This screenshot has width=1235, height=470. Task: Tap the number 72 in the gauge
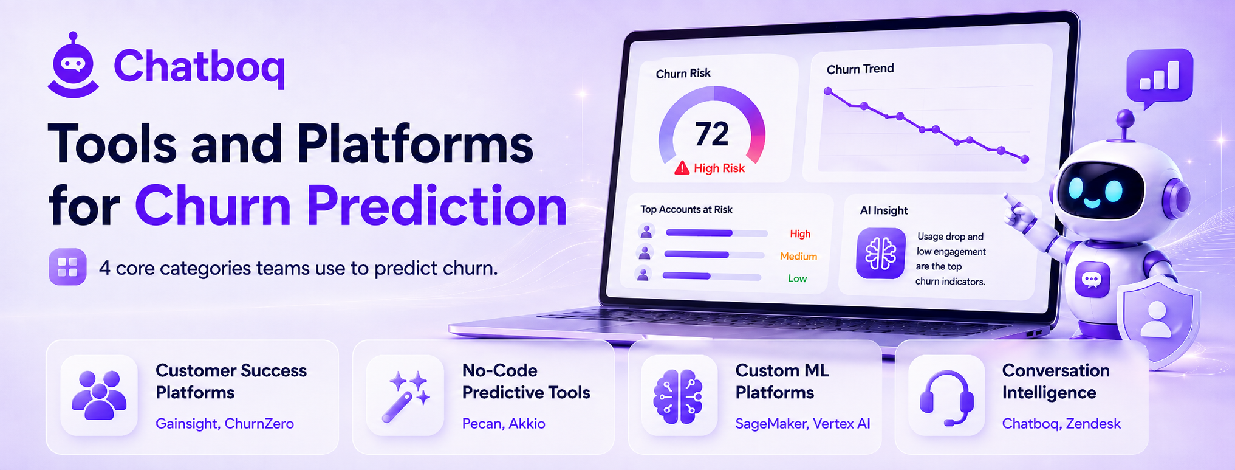(x=711, y=134)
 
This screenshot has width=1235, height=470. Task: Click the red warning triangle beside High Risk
(x=682, y=167)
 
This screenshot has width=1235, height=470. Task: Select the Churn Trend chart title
(x=860, y=69)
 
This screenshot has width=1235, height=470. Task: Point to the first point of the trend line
(x=827, y=91)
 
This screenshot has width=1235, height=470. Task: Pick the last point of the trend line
(x=1025, y=159)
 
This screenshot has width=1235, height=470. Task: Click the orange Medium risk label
(x=798, y=257)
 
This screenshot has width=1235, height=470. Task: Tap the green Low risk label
(x=797, y=278)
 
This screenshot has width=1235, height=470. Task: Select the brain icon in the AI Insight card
(x=881, y=254)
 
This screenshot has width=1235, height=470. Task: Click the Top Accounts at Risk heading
(x=686, y=209)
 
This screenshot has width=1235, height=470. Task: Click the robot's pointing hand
(x=1019, y=210)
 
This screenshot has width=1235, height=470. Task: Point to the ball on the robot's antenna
(x=1125, y=117)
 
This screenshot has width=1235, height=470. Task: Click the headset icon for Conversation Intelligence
(x=946, y=396)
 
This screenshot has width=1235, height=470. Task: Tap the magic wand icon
(x=405, y=396)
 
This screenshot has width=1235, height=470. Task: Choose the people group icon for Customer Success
(x=99, y=395)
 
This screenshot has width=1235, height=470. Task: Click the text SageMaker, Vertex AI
(x=802, y=424)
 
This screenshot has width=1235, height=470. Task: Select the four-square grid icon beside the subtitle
(x=67, y=267)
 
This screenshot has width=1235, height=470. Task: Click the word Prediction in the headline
(x=437, y=206)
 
